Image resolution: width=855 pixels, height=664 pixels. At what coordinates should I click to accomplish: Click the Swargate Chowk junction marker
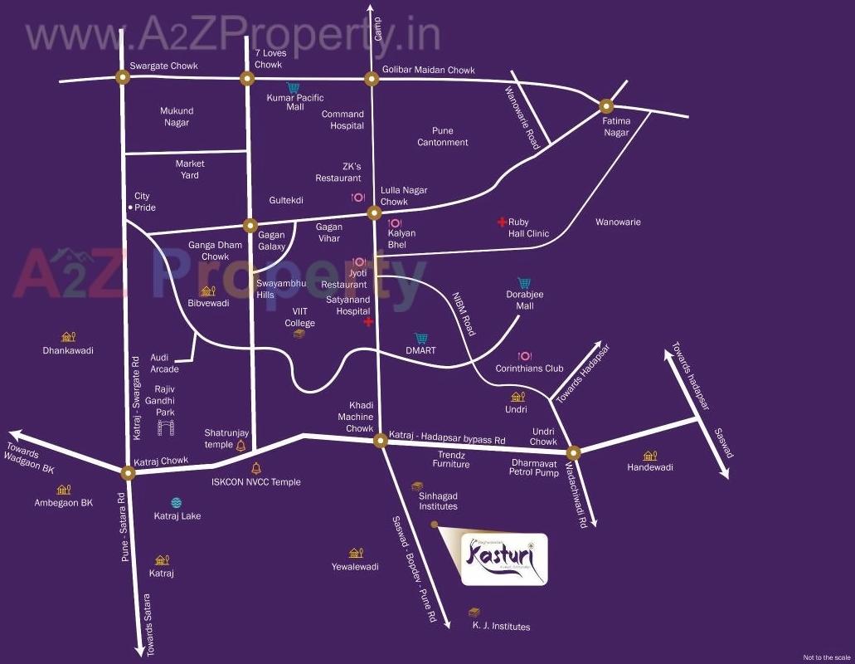point(123,78)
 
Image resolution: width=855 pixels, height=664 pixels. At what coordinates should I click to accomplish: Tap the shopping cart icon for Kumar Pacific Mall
point(294,87)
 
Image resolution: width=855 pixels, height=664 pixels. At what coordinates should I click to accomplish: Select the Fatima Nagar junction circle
point(606,105)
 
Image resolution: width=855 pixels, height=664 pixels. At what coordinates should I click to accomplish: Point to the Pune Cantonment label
point(443,136)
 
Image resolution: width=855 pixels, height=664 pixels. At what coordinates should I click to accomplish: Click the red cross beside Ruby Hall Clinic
point(501,222)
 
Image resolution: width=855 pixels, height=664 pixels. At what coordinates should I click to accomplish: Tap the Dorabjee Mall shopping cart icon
point(524,283)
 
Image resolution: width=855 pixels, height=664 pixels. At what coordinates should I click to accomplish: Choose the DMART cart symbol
point(420,339)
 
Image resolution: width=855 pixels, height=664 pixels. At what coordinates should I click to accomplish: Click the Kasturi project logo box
point(503,559)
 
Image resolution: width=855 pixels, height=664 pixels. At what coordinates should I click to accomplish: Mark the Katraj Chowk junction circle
point(128,473)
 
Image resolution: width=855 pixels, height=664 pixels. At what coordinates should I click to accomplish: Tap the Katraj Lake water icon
point(176,502)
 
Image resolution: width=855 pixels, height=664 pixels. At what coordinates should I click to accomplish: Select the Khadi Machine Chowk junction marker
point(380,440)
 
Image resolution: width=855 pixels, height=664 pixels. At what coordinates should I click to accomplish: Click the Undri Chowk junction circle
point(573,452)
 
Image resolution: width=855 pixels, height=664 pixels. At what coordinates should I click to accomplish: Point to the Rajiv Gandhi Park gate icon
point(167,427)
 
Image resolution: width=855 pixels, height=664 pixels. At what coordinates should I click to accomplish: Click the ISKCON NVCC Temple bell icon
point(255,468)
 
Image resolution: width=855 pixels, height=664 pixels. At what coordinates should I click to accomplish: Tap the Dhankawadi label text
point(68,350)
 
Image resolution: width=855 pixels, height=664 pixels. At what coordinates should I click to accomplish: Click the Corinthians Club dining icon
point(524,356)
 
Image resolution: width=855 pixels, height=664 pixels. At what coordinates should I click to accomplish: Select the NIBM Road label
point(464,313)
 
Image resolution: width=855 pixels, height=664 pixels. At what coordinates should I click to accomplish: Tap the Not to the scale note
point(827,657)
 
